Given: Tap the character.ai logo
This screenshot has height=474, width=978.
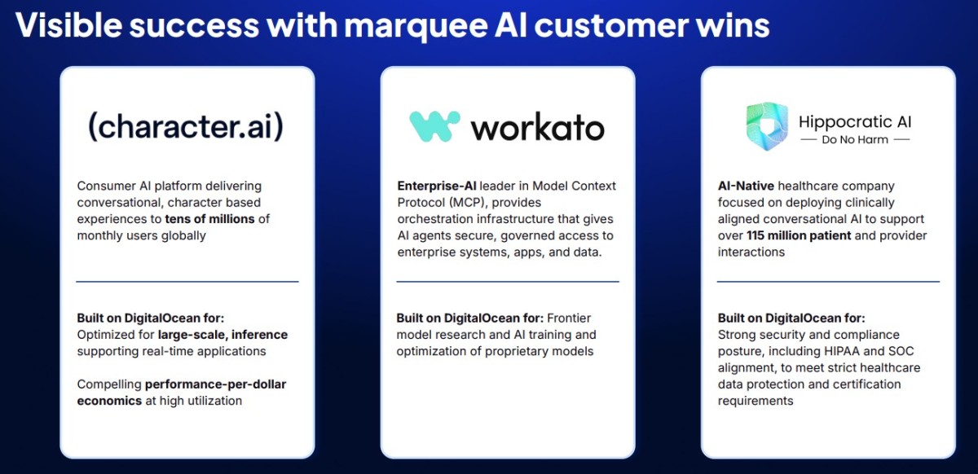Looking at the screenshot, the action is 186,126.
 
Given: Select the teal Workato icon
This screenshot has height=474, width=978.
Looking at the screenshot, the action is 434,126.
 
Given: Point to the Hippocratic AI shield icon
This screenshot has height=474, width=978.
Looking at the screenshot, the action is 767,126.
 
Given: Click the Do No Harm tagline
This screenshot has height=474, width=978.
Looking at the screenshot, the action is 855,139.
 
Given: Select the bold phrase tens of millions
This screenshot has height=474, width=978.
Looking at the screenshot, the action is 209,219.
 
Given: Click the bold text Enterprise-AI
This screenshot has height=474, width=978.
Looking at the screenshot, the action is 437,186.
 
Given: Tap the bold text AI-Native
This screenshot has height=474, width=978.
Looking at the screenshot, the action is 746,186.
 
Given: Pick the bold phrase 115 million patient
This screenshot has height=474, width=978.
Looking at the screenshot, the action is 799,235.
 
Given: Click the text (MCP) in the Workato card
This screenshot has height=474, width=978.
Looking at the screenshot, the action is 469,203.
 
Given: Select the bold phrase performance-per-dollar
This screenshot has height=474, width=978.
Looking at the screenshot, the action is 215,384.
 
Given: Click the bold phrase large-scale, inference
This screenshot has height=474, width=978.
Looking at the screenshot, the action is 222,335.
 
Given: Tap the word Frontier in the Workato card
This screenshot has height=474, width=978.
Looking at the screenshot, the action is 569,318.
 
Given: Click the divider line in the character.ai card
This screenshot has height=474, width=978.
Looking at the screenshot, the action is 187,282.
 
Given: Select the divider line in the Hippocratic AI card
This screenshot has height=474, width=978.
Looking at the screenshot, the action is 828,282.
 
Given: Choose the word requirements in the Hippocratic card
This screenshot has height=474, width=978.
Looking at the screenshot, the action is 756,402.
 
